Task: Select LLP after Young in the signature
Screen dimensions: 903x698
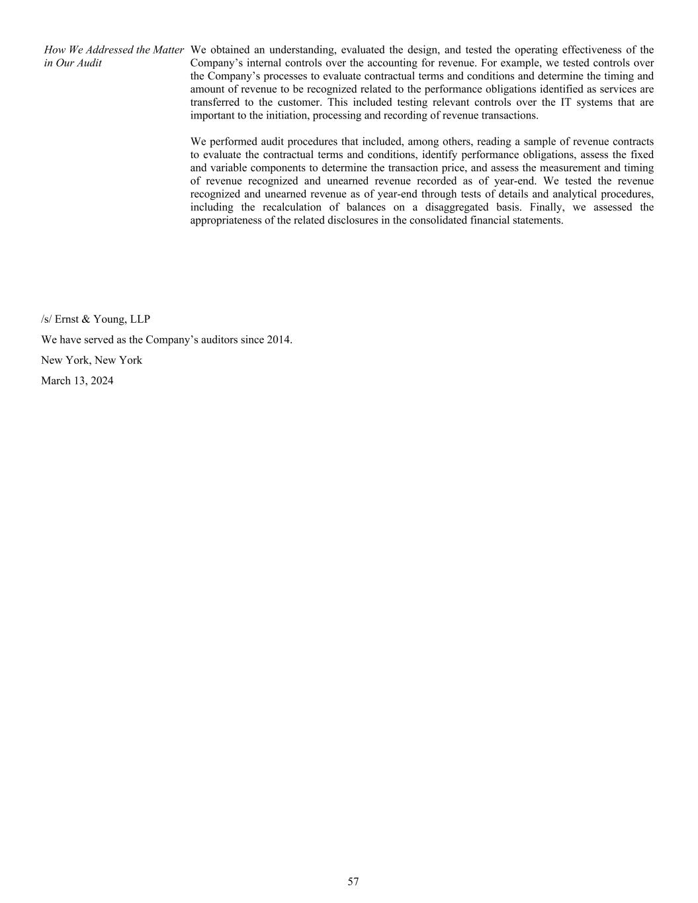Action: (x=140, y=319)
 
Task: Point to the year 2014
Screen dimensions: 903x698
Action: (x=279, y=339)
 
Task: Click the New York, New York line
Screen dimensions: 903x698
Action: (x=91, y=360)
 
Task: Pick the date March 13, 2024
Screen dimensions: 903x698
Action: (x=77, y=380)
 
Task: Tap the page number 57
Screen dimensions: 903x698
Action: (x=353, y=881)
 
